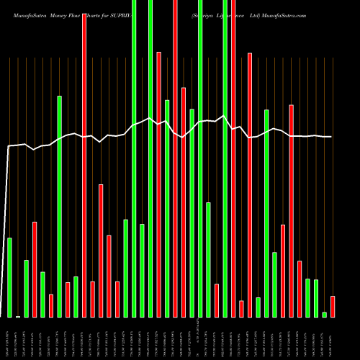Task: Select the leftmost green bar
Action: pyautogui.click(x=9, y=277)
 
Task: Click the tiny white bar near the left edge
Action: pyautogui.click(x=18, y=316)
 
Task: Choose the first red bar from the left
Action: pyautogui.click(x=35, y=269)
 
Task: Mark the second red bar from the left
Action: pyautogui.click(x=51, y=305)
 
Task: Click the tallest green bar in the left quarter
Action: pyautogui.click(x=60, y=206)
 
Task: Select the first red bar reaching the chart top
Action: pyautogui.click(x=84, y=165)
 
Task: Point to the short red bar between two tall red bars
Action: pyautogui.click(x=241, y=309)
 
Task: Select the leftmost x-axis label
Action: pyautogui.click(x=9, y=338)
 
